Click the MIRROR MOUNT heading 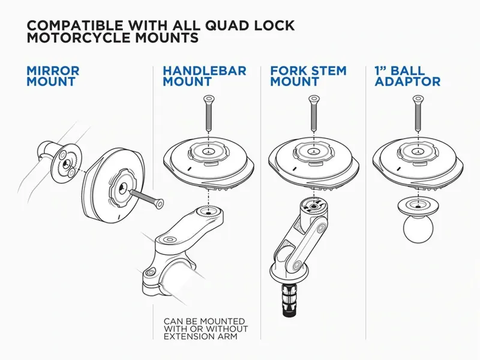coord(53,76)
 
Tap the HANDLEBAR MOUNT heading coord(204,76)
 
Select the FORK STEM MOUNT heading coord(308,76)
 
